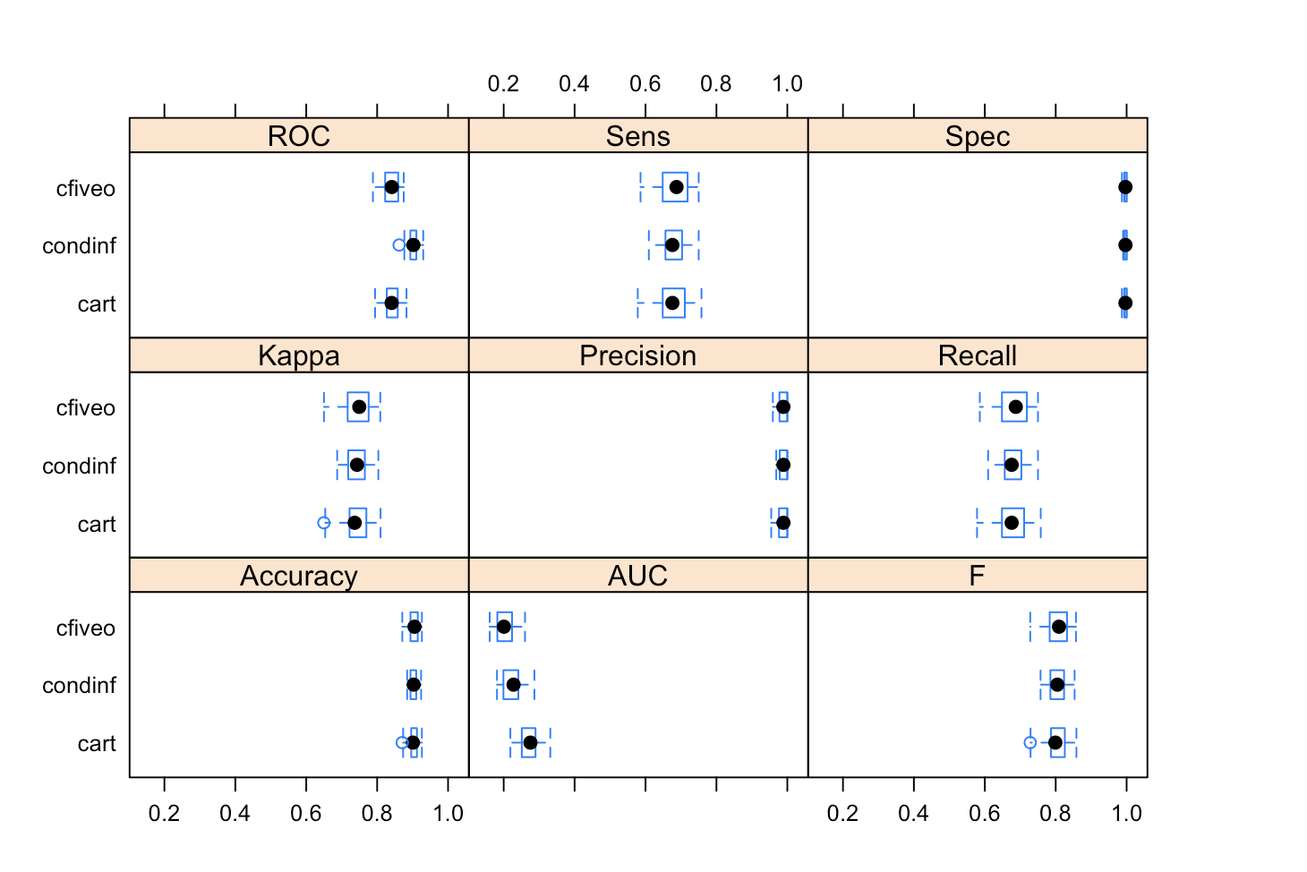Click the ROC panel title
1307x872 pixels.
click(x=298, y=136)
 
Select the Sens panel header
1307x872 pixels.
click(x=637, y=136)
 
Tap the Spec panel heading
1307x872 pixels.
click(x=977, y=136)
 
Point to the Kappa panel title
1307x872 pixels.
click(x=298, y=355)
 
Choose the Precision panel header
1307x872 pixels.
click(x=637, y=355)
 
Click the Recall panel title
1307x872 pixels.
click(x=977, y=355)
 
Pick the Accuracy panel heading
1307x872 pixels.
click(x=298, y=576)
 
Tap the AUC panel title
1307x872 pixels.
click(x=637, y=576)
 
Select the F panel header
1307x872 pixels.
click(x=977, y=576)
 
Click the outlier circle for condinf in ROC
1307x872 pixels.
click(x=399, y=245)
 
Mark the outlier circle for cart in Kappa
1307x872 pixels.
click(x=324, y=523)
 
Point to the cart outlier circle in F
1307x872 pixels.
click(x=1030, y=743)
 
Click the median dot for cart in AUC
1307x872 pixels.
click(x=530, y=743)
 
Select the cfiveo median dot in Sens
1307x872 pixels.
click(x=677, y=187)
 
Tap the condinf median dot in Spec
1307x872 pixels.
click(x=1125, y=245)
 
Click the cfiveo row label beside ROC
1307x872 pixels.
click(x=86, y=189)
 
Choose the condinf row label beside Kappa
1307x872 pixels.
click(x=79, y=466)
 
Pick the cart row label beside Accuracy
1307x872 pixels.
click(x=97, y=744)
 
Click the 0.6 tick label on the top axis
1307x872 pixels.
click(x=645, y=84)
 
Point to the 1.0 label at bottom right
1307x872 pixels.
click(x=1126, y=813)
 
